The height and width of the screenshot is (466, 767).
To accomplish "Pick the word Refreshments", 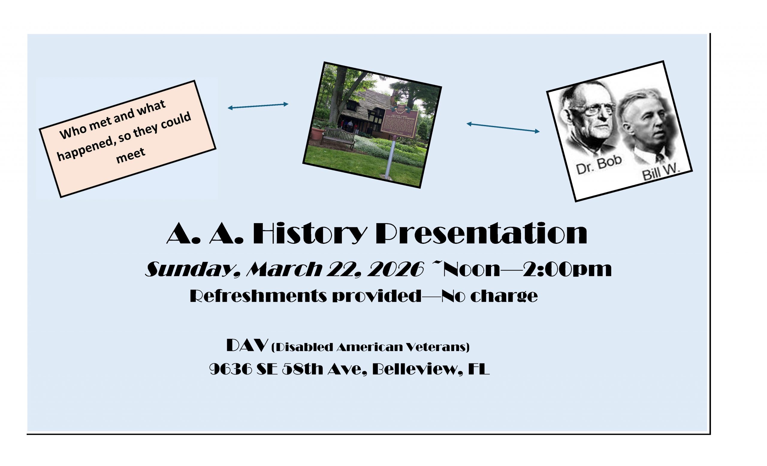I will coord(258,296).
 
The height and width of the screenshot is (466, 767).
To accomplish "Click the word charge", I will coord(504,296).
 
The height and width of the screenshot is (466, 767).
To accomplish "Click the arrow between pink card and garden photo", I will coord(258,106).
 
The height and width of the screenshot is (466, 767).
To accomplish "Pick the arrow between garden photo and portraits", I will coord(503,128).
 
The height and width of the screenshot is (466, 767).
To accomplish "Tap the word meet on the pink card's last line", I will coord(130,155).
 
